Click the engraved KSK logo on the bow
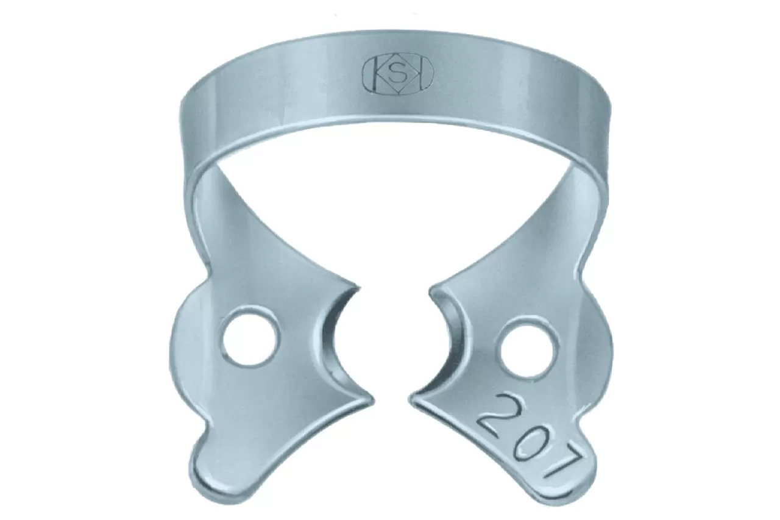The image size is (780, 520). pyautogui.click(x=399, y=76)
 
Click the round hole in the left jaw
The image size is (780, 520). pyautogui.click(x=250, y=336)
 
